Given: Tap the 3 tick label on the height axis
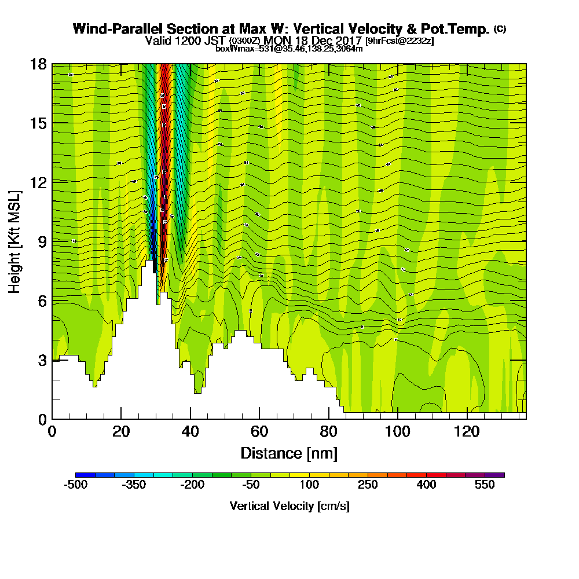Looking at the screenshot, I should coord(41,360).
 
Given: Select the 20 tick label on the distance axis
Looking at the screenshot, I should coord(121,432).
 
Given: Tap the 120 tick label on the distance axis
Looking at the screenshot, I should coord(467,432).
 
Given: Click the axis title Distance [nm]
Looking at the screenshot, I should coord(289,453).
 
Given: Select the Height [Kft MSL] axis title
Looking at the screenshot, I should coord(16,241).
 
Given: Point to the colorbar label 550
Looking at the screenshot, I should coord(485,485).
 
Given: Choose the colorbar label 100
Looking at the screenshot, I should coord(309,485).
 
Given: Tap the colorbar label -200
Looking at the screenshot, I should coord(192,485).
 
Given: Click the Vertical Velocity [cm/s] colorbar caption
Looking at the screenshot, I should coord(289,506).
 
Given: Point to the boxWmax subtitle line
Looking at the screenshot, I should coord(289,49).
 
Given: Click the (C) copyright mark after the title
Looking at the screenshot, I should coord(500,29).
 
